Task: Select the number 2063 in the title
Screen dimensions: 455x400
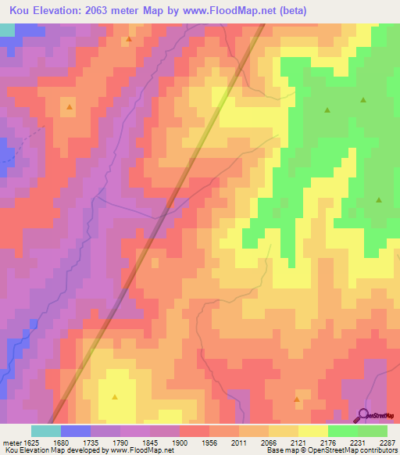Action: click(x=98, y=11)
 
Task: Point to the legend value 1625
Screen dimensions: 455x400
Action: click(x=29, y=441)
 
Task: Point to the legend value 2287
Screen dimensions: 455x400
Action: click(x=378, y=441)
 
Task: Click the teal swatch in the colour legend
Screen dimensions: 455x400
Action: click(x=46, y=431)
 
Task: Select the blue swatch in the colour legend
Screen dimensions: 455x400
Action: click(x=76, y=431)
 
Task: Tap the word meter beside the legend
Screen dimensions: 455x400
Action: click(x=9, y=441)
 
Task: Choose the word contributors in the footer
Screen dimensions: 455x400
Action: click(x=377, y=450)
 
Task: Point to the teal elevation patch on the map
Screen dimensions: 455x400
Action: click(x=6, y=30)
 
